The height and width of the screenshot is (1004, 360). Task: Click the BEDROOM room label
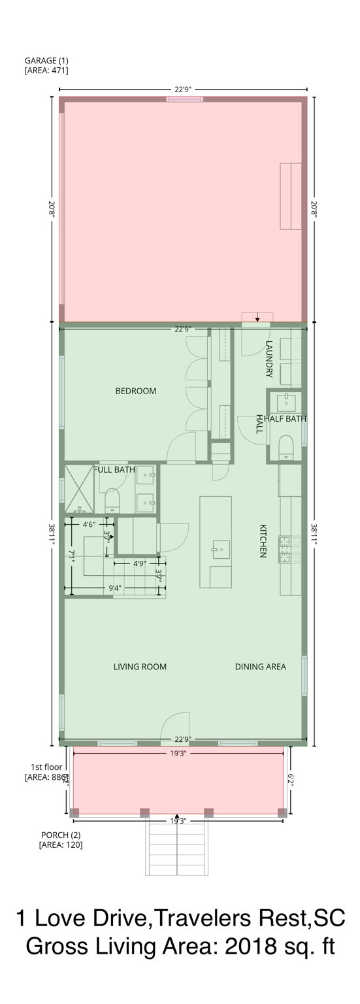[136, 391]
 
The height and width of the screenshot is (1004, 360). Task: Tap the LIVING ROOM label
[140, 667]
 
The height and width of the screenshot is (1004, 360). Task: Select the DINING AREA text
[260, 667]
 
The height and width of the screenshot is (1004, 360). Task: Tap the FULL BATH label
[116, 469]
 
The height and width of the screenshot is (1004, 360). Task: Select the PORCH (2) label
[61, 835]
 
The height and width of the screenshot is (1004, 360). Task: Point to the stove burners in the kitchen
[286, 549]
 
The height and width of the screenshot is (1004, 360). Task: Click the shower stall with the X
[78, 488]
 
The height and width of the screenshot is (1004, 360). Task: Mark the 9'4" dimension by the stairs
[114, 588]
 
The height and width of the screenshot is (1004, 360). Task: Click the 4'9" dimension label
[139, 563]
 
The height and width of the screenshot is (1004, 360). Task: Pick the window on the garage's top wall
[184, 99]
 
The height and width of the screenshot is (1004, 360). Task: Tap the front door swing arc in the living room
[174, 727]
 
